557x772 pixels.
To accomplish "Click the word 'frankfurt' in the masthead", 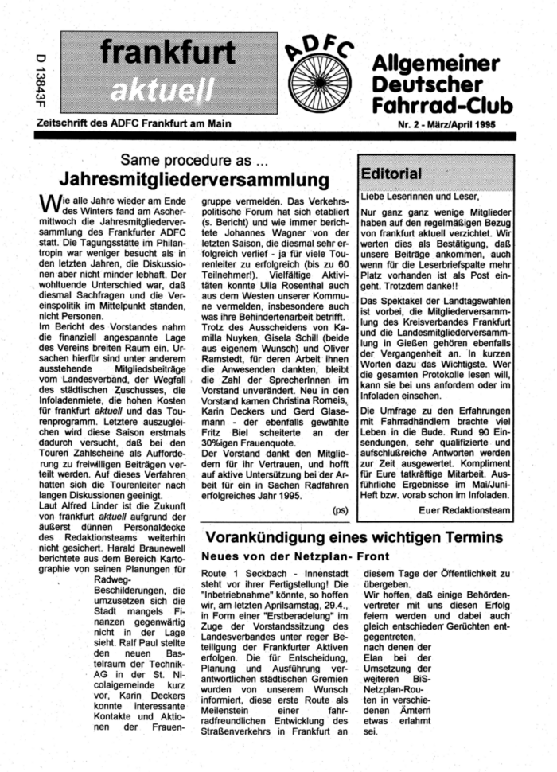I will pos(168,53).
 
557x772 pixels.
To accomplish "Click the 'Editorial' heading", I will pos(391,173).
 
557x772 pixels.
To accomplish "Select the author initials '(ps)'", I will pos(340,507).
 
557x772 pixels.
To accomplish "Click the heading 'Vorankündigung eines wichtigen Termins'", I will pos(352,537).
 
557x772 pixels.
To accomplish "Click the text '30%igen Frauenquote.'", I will pos(248,443).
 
